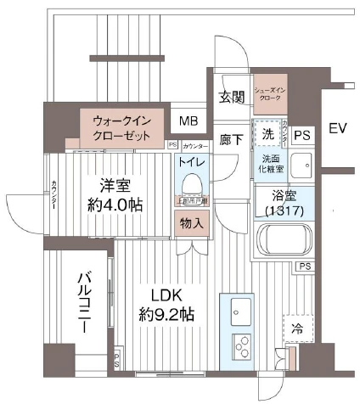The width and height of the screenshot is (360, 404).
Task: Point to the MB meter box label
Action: [x=188, y=121]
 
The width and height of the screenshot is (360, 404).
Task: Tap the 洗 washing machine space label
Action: [x=267, y=135]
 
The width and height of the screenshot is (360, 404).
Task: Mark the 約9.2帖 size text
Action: [x=167, y=315]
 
